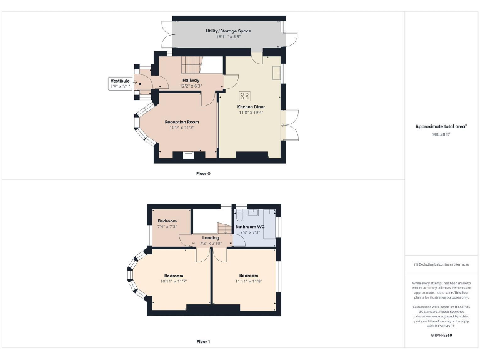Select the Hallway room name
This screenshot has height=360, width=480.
click(x=191, y=81)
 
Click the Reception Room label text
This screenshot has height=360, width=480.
click(x=182, y=122)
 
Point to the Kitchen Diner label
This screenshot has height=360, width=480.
click(x=251, y=107)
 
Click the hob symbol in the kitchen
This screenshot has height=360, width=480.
click(x=245, y=96)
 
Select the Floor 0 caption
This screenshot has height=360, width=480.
click(x=203, y=173)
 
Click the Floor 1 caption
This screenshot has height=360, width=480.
click(x=203, y=342)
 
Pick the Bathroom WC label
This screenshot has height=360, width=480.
click(x=249, y=227)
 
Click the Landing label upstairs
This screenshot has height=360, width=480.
click(x=211, y=237)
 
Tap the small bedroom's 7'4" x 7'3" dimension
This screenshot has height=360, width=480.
click(x=167, y=227)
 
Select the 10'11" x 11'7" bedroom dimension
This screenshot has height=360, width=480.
click(x=174, y=281)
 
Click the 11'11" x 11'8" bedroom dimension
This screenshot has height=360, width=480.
click(x=248, y=281)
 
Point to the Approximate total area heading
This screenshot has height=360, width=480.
click(x=442, y=126)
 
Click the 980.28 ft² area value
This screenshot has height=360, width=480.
click(x=442, y=134)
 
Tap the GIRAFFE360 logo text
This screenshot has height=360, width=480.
click(x=442, y=336)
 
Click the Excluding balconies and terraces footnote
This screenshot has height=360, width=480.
click(x=442, y=264)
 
